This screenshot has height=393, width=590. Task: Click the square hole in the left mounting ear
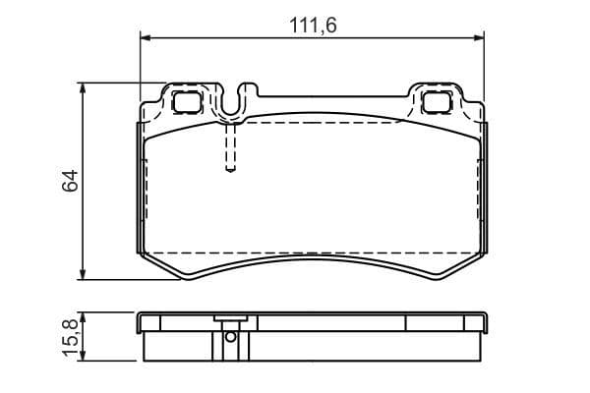(184, 100)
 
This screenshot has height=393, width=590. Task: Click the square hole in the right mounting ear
(436, 100)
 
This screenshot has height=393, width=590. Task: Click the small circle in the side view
(230, 336)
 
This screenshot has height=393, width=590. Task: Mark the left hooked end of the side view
(144, 321)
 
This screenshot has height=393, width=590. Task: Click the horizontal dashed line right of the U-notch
(324, 125)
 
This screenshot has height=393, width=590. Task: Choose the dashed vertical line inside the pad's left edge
(147, 196)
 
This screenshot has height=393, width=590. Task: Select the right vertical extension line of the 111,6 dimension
(486, 69)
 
